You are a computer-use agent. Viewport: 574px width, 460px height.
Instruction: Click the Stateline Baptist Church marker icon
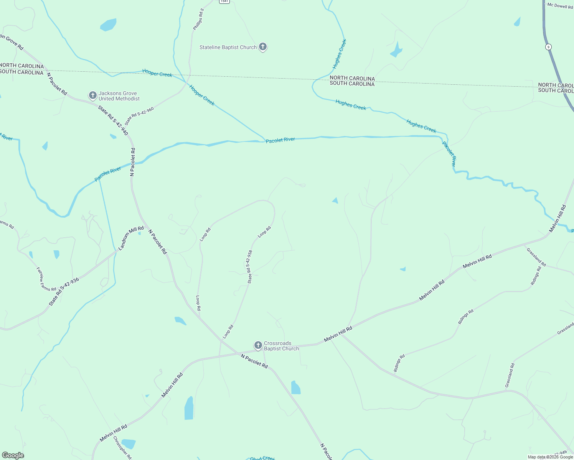tap(262, 47)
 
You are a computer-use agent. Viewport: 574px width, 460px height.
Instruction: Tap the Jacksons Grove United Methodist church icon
tap(92, 95)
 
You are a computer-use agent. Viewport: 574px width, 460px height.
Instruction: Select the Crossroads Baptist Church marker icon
tap(258, 345)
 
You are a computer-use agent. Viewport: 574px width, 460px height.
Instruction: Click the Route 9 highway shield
tap(548, 47)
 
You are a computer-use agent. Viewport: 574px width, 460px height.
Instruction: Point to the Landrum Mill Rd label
tap(131, 238)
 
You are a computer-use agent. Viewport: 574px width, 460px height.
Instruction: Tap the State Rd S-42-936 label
tap(64, 292)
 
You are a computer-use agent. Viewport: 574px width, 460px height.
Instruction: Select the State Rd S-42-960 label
tap(139, 116)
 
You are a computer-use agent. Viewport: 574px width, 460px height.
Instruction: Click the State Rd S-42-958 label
tap(250, 267)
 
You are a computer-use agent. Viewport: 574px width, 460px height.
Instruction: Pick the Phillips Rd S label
tap(198, 19)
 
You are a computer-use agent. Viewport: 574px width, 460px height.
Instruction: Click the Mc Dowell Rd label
tap(560, 6)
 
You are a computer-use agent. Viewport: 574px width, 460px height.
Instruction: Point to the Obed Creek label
tap(262, 458)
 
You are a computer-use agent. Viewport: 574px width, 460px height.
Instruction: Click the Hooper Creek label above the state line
tap(157, 73)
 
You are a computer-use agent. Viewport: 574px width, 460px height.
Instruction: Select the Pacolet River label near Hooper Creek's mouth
tap(280, 140)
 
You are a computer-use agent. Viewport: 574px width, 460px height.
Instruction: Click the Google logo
tap(13, 455)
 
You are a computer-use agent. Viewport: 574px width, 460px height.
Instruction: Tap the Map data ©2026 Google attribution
tap(550, 457)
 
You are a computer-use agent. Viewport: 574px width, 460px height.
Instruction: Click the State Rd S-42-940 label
tap(113, 120)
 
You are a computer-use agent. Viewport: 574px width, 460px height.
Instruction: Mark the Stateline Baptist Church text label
tap(228, 48)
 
